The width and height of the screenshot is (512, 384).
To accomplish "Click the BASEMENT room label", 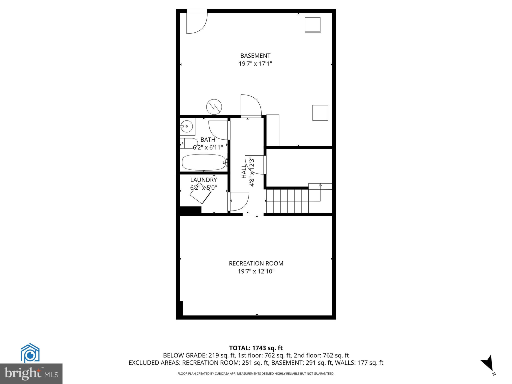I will (255, 55).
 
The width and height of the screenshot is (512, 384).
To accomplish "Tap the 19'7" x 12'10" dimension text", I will (256, 271).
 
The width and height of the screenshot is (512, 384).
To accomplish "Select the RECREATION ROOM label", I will (256, 263).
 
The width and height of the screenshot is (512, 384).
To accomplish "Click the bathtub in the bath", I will (204, 162).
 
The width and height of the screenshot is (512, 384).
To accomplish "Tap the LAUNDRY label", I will (203, 180).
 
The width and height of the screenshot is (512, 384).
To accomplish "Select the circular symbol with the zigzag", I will (214, 107).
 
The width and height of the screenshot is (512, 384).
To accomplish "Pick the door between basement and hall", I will (250, 106).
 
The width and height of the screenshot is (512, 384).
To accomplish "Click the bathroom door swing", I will (218, 130).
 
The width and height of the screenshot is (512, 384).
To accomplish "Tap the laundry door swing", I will (239, 201).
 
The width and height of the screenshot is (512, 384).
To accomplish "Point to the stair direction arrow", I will (320, 185).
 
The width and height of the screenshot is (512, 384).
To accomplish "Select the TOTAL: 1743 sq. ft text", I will (256, 348).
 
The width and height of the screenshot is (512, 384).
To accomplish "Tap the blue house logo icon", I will (30, 353).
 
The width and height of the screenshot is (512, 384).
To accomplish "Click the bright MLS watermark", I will (31, 373).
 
